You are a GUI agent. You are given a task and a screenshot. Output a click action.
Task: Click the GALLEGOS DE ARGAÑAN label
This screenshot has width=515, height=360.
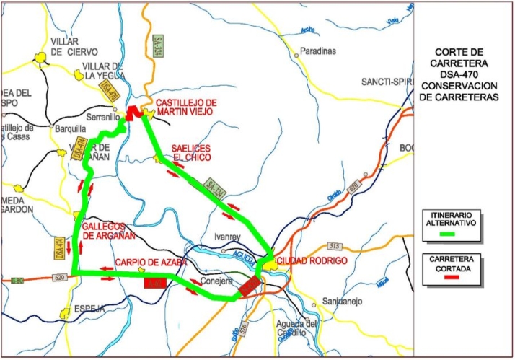point(110,230)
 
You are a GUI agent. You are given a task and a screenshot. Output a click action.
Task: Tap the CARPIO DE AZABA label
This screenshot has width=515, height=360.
point(151,261)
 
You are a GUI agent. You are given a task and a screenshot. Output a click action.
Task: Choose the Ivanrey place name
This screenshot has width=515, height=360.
point(226,235)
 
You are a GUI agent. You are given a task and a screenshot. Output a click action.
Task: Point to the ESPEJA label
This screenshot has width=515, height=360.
point(90,309)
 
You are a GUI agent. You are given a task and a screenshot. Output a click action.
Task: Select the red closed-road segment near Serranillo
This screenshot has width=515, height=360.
point(131,113)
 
